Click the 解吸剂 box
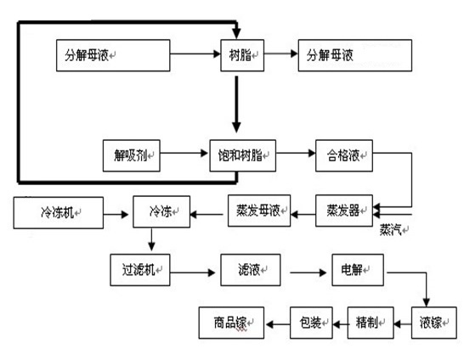pyautogui.click(x=130, y=155)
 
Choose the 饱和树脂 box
pyautogui.click(x=241, y=155)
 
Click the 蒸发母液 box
pyautogui.click(x=259, y=210)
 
